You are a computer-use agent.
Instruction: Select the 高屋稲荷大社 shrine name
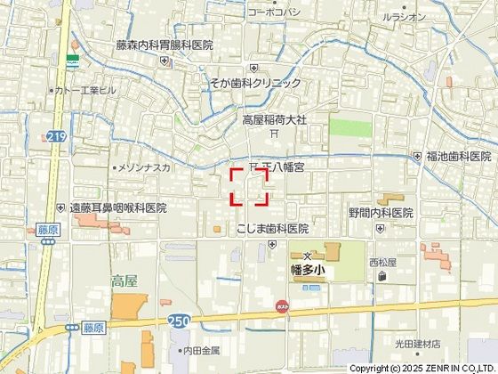(x=275, y=118)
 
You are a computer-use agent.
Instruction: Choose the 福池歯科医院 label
(x=458, y=156)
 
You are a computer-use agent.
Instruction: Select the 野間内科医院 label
(x=381, y=213)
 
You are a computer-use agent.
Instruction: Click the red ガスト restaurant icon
(x=282, y=305)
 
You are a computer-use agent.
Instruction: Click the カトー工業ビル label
(x=85, y=91)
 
